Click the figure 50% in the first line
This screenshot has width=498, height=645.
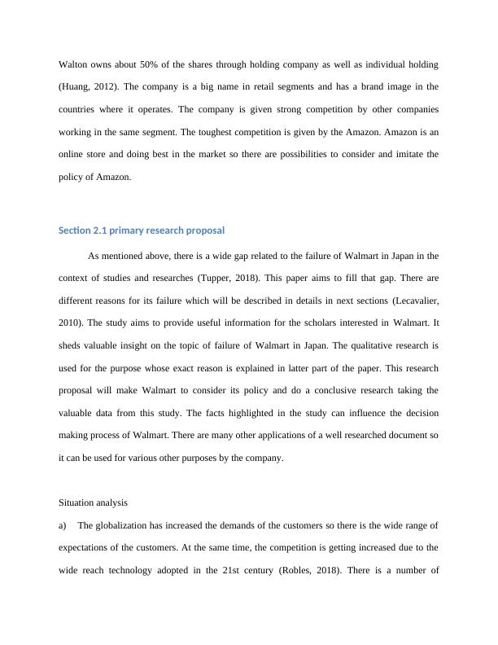click(145, 64)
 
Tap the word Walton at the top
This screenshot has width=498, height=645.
click(72, 64)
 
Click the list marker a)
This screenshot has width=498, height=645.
click(63, 525)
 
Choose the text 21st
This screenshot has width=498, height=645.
click(229, 570)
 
